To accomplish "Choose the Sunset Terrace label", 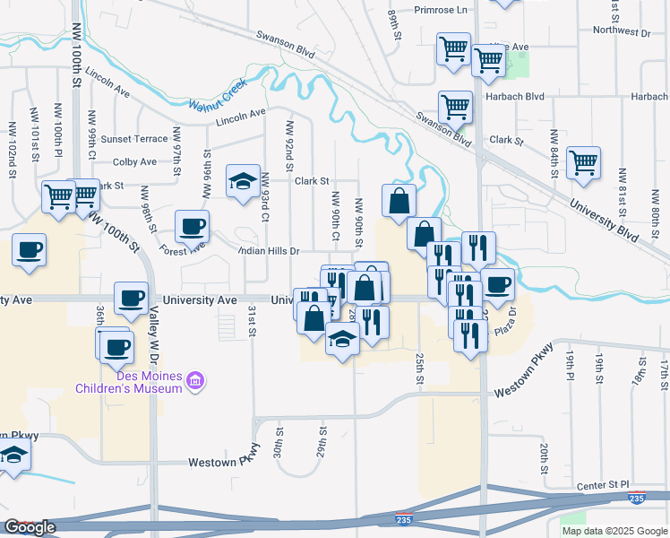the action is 134,139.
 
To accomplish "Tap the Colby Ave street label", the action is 135,162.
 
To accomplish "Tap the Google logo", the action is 30,527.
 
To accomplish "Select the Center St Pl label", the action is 606,486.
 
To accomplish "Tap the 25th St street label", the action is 418,369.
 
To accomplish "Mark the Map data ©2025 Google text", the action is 614,531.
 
